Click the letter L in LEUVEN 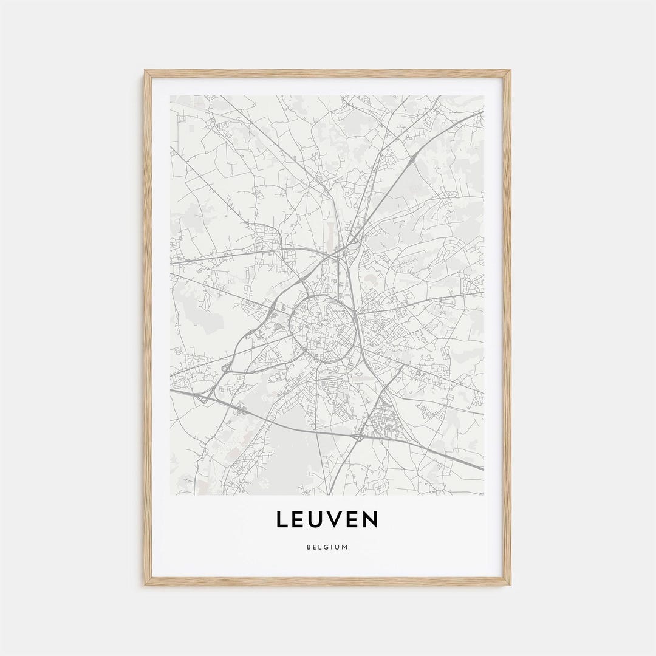(x=282, y=519)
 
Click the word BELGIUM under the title (x=327, y=547)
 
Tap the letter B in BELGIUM (x=309, y=547)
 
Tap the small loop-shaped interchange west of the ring (x=226, y=367)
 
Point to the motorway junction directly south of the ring (x=359, y=436)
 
